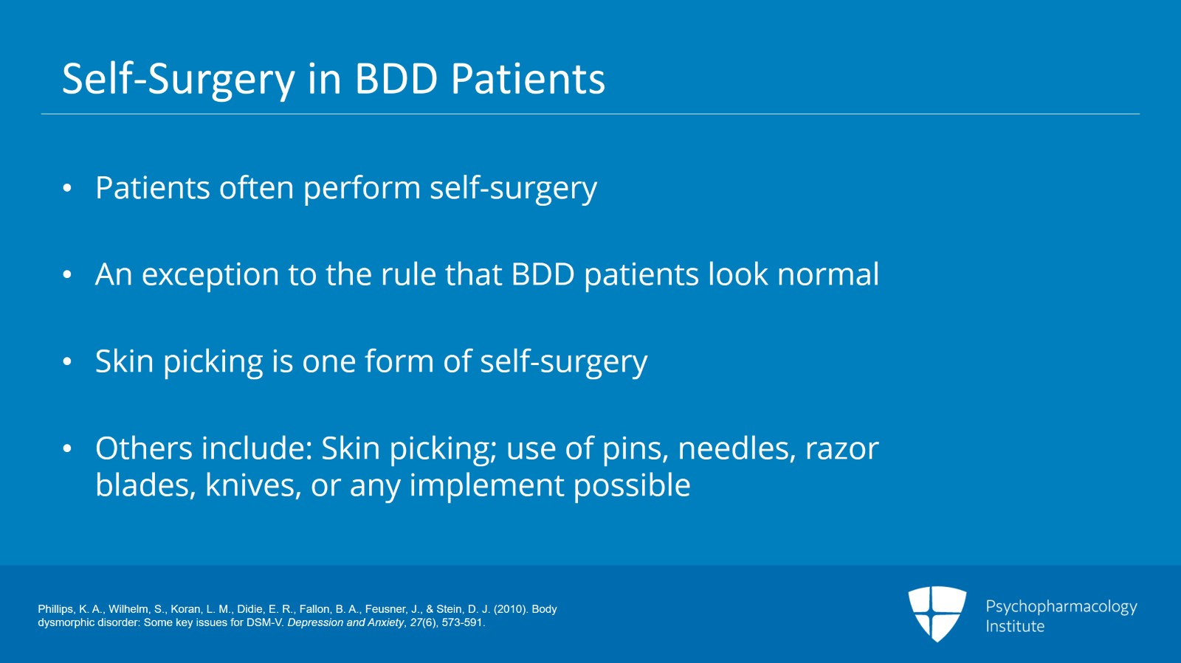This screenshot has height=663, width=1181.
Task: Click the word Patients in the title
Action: pos(528,79)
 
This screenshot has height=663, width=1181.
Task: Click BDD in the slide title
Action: pos(396,79)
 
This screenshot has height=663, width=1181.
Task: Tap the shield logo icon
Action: pos(937,614)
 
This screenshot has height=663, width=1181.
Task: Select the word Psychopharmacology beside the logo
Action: pos(1061,607)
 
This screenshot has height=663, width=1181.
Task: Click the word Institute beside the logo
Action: pos(1015,626)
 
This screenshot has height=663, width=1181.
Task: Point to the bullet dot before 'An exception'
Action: pos(67,275)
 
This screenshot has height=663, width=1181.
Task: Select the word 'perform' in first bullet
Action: pos(362,189)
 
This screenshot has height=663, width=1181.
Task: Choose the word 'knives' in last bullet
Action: pos(252,485)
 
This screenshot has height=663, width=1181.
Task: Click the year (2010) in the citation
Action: pos(509,609)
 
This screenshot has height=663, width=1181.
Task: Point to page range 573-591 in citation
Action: pos(462,622)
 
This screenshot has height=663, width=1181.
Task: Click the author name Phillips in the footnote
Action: pos(56,609)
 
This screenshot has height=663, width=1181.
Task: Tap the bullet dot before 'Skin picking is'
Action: pos(67,361)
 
